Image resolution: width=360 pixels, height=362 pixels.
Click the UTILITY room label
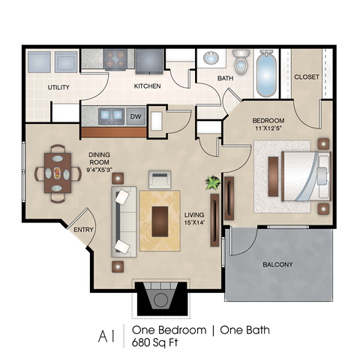(58, 87)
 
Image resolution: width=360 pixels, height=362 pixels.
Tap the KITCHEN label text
(148, 86)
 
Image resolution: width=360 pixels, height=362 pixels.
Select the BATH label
(226, 78)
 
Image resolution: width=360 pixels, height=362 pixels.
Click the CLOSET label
(306, 77)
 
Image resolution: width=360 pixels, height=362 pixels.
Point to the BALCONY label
(277, 265)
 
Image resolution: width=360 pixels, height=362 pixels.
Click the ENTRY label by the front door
(82, 230)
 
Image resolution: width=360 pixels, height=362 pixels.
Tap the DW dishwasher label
(136, 116)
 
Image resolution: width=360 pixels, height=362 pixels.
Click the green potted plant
(213, 183)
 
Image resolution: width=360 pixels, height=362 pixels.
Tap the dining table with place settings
(58, 173)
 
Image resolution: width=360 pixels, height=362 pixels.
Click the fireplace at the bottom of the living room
(160, 298)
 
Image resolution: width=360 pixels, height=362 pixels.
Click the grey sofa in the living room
(123, 222)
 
